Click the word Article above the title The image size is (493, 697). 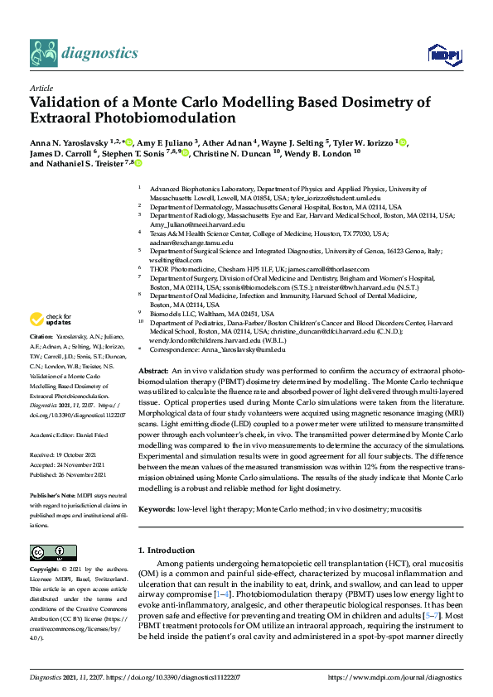coord(41,87)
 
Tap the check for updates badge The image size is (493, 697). coord(51,319)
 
